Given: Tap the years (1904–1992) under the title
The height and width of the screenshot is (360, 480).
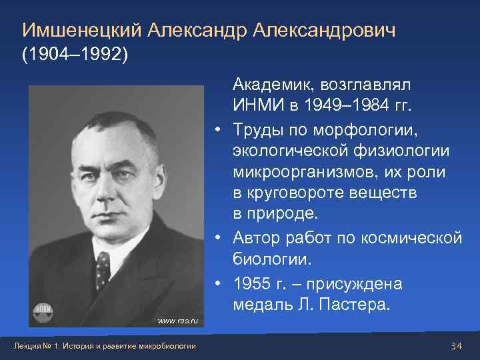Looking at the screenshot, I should tap(75, 54).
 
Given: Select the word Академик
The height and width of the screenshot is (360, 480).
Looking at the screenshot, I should tap(273, 85).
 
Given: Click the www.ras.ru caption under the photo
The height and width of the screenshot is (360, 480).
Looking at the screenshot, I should tap(177, 321).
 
